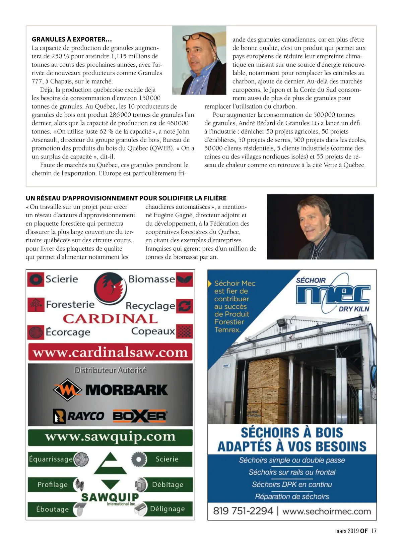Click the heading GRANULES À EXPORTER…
72,40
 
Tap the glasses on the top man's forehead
197,38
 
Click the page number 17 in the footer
374,531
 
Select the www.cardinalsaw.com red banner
110,353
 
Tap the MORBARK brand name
126,390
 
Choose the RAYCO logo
79,416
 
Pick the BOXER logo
140,416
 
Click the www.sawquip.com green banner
110,437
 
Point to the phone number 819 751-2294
243,511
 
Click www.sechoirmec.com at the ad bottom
327,511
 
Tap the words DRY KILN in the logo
354,309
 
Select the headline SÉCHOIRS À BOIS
292,433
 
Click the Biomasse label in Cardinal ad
151,279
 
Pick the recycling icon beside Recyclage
185,306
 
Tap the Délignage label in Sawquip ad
167,509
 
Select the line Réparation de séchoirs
292,496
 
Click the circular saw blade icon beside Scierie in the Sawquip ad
138,459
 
